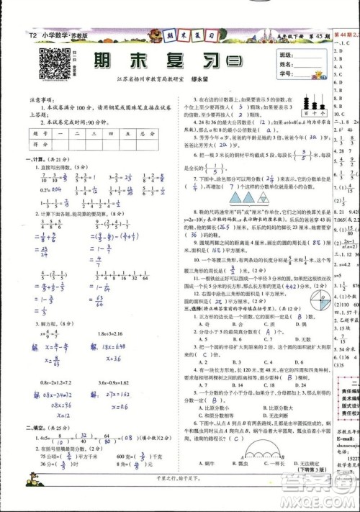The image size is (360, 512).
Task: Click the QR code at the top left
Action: coord(49,64)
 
